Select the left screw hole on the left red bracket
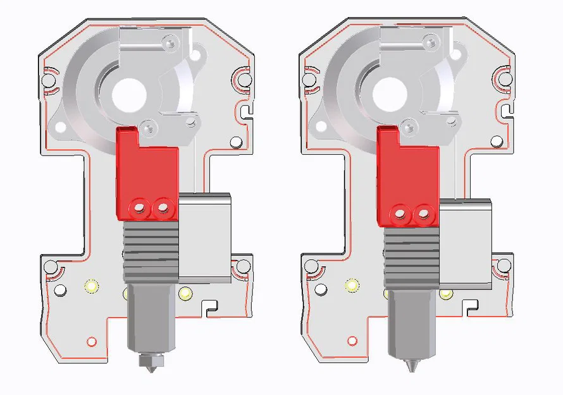click(x=139, y=207)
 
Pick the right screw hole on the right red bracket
click(x=423, y=215)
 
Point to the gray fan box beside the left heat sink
click(x=206, y=237)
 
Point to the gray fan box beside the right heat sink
click(x=466, y=244)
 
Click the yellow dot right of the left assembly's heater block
click(x=185, y=293)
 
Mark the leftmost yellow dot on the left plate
click(x=91, y=286)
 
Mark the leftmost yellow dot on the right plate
click(x=351, y=286)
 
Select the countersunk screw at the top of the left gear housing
click(x=168, y=43)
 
